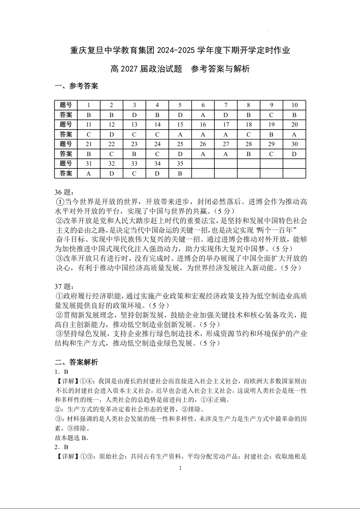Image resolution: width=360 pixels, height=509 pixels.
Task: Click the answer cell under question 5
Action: pyautogui.click(x=180, y=115)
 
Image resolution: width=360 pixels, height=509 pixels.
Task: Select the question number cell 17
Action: pyautogui.click(x=226, y=124)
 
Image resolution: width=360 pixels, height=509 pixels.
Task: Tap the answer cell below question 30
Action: pyautogui.click(x=294, y=154)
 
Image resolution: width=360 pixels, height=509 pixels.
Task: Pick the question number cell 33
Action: pyautogui.click(x=134, y=163)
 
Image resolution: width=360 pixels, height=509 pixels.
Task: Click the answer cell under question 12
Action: pyautogui.click(x=112, y=134)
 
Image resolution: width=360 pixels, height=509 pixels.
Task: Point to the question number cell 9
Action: pyautogui.click(x=271, y=105)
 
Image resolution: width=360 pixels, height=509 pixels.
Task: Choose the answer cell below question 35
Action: pyautogui.click(x=180, y=173)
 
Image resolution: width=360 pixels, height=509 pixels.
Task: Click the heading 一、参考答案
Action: pyautogui.click(x=76, y=86)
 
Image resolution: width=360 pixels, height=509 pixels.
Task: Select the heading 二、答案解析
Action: pyautogui.click(x=76, y=362)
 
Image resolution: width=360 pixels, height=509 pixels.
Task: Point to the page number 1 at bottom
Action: pyautogui.click(x=180, y=468)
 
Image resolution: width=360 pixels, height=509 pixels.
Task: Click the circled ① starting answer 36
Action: pyautogui.click(x=59, y=202)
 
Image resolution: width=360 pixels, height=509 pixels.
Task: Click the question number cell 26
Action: pyautogui.click(x=203, y=144)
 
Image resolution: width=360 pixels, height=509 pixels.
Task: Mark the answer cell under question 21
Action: pyautogui.click(x=89, y=154)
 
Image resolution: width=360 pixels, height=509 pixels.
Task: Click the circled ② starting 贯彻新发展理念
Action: pyautogui.click(x=59, y=315)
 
